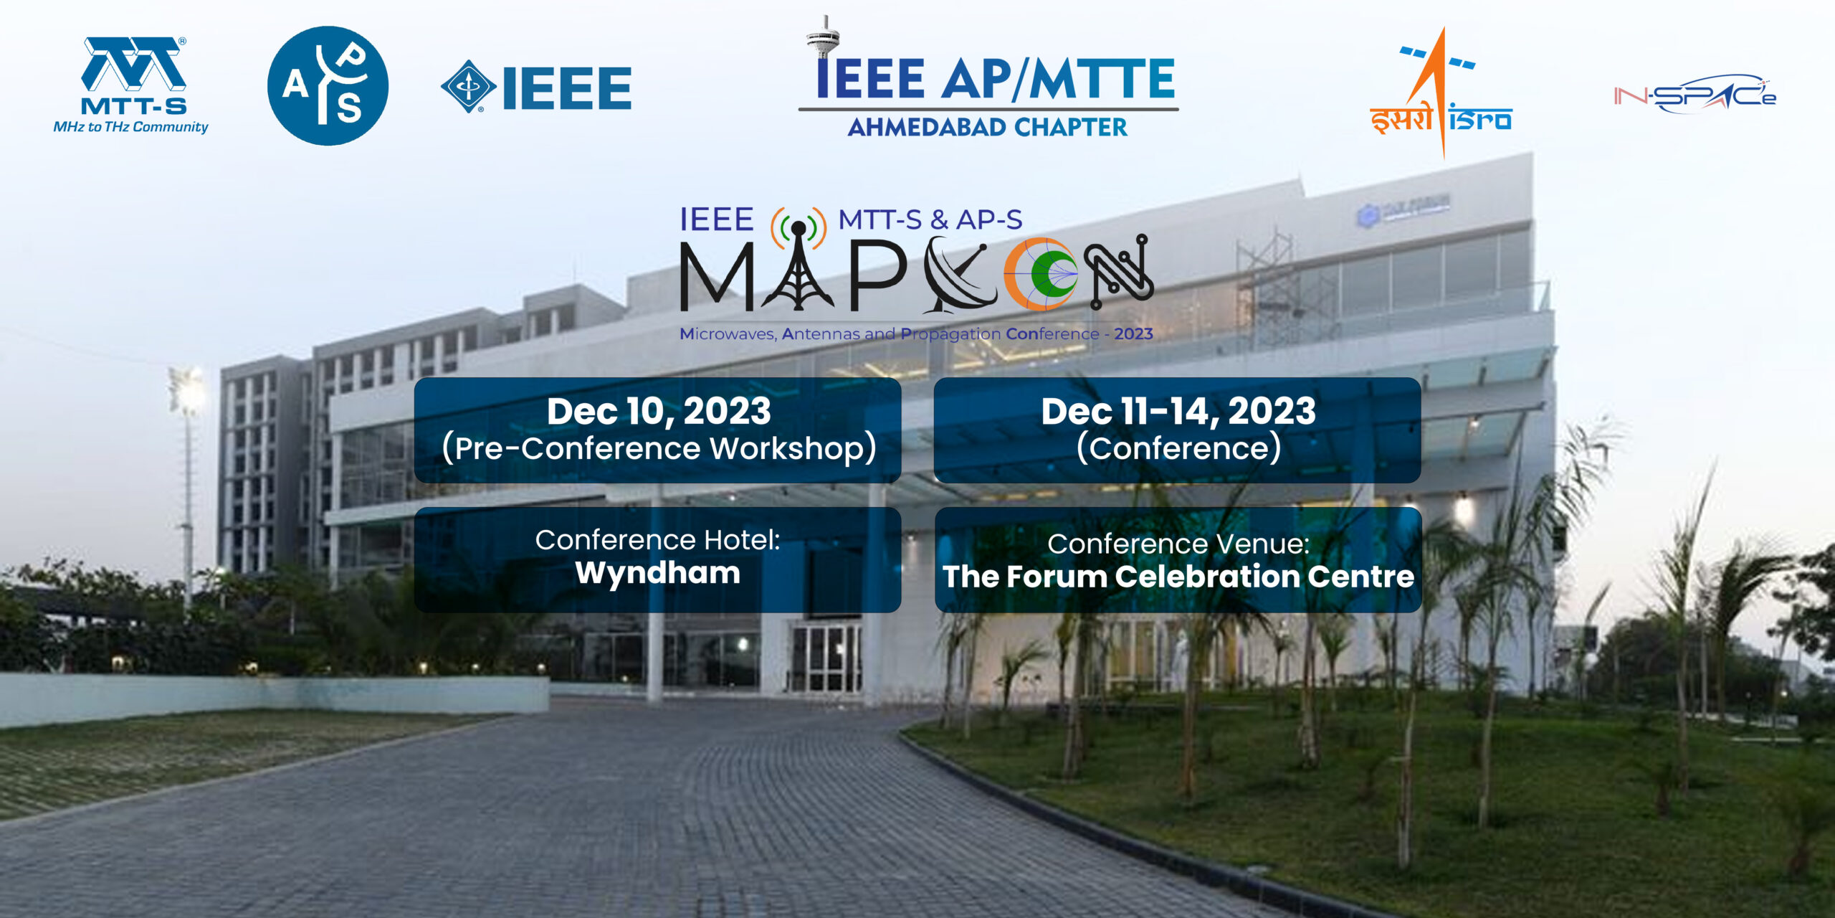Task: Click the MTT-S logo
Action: click(x=131, y=85)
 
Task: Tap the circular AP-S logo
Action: click(x=328, y=85)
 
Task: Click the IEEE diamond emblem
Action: click(x=468, y=87)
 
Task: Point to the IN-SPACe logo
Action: click(x=1695, y=94)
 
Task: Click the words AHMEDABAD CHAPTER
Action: click(x=987, y=128)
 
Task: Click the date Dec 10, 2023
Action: click(x=659, y=411)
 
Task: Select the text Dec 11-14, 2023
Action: click(x=1178, y=411)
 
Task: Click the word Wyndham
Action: click(x=657, y=573)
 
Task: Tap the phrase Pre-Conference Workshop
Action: click(x=659, y=448)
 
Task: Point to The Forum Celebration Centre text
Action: click(x=1178, y=577)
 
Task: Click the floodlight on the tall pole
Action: click(x=186, y=391)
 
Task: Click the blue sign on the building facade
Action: click(x=1403, y=209)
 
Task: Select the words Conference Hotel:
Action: click(x=657, y=540)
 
